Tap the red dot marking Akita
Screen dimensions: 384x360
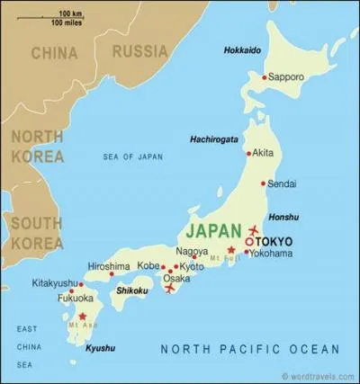[x=249, y=154]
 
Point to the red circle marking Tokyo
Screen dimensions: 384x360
[x=249, y=241]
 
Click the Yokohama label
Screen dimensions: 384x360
[x=274, y=254]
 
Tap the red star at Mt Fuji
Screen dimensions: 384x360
[x=231, y=250]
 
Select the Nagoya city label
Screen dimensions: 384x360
[x=192, y=251]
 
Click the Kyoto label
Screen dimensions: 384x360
[x=192, y=267]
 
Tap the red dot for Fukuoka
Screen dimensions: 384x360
[x=71, y=290]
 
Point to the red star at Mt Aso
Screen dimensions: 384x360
[x=83, y=317]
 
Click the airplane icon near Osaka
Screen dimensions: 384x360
[x=170, y=289]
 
